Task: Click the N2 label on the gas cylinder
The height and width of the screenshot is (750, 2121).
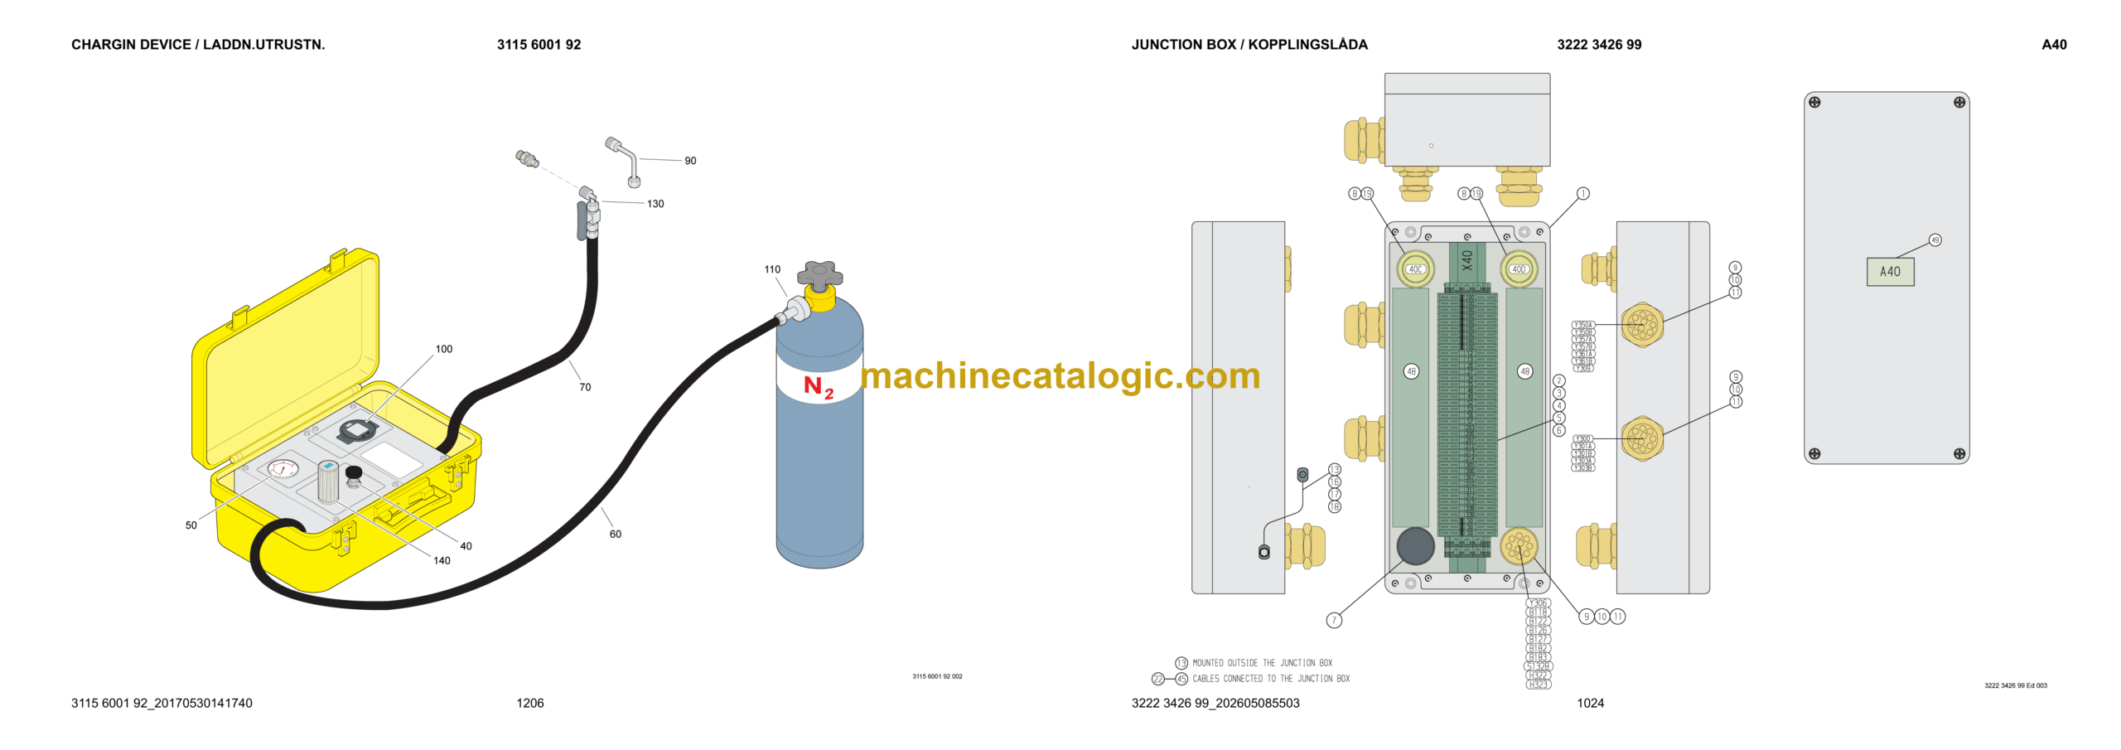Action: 818,386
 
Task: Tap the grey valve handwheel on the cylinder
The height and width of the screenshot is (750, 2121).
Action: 819,275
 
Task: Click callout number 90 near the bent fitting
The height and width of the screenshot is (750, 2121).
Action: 690,161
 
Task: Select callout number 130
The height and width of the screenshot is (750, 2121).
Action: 655,204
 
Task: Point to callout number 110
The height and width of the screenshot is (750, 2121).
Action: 771,269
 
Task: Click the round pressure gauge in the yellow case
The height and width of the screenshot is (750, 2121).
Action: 283,469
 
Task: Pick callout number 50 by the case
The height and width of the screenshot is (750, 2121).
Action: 191,525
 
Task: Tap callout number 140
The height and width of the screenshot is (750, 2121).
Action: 442,561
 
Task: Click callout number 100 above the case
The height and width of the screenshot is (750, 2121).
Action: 443,349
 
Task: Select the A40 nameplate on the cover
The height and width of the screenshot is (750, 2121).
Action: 1889,272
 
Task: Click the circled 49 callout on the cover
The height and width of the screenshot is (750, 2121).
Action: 1935,240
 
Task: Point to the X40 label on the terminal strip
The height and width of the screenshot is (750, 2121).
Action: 1467,260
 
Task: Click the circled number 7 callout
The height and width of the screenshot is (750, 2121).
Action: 1334,620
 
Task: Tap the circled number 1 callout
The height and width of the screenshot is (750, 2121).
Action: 1582,194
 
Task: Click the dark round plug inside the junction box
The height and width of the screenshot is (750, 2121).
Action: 1415,545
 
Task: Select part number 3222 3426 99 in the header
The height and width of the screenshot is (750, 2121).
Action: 1598,45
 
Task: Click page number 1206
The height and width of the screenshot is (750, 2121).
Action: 529,703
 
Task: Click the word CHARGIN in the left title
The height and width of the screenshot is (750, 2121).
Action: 102,45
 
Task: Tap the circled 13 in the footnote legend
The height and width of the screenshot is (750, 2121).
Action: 1181,663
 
